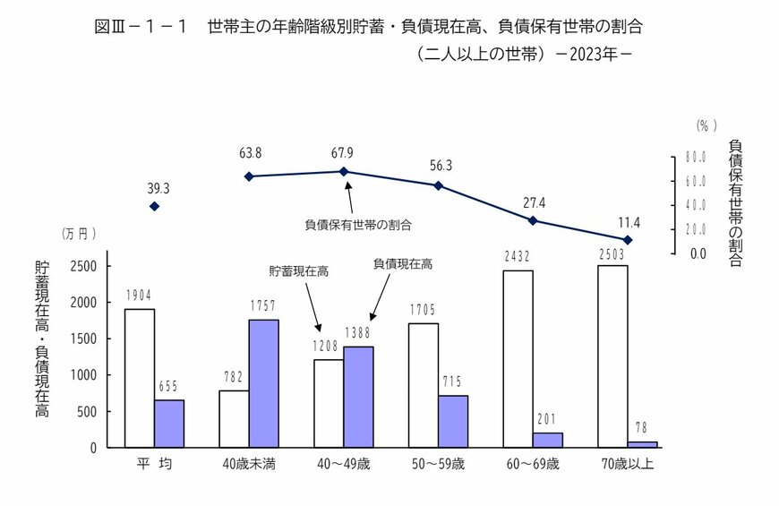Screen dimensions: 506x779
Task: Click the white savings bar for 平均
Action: coord(140,378)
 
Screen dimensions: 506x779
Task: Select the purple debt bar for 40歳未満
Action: coord(264,383)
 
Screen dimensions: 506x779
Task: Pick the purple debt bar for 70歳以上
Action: coord(643,444)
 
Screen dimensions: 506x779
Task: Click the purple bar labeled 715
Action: coord(453,421)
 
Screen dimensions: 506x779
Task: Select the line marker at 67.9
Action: coord(345,171)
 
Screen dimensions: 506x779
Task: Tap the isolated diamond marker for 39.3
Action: coord(154,206)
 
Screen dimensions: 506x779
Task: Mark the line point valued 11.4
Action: coord(628,240)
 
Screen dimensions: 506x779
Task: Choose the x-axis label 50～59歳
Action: coord(438,464)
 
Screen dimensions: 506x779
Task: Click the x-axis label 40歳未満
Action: coord(249,464)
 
